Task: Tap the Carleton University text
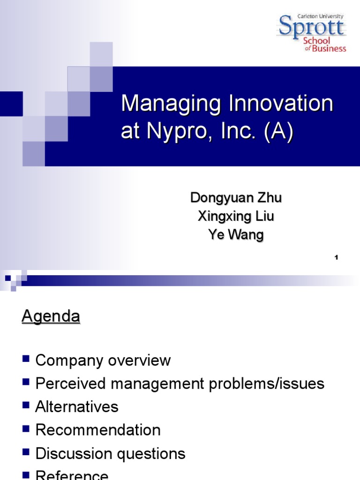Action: (320, 16)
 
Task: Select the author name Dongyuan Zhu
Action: (236, 198)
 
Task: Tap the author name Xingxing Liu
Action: (236, 217)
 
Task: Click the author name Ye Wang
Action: (236, 235)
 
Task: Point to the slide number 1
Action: (337, 257)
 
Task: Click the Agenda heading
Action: (51, 317)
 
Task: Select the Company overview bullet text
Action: (103, 360)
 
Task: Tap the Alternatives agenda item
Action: (77, 407)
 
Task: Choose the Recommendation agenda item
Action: (98, 430)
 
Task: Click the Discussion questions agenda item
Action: (110, 453)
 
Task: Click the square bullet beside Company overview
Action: (26, 360)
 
